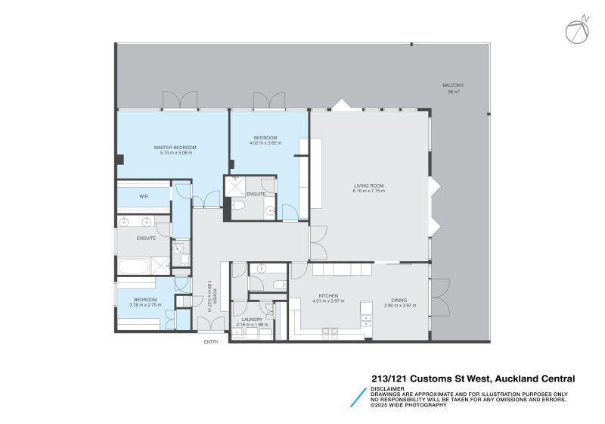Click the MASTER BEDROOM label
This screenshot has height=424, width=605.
tap(175, 147)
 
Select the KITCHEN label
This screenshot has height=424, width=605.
tap(328, 295)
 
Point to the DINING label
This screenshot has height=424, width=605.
tap(400, 295)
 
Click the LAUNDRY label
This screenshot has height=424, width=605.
tap(252, 320)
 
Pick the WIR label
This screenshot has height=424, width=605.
tap(143, 197)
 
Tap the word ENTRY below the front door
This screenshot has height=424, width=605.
tap(211, 342)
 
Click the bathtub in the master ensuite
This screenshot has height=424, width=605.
tap(133, 265)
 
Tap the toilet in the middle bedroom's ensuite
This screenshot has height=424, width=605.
tap(237, 204)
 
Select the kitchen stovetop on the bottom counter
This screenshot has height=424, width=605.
tap(330, 330)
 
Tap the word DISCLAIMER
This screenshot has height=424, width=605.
tap(386, 389)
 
